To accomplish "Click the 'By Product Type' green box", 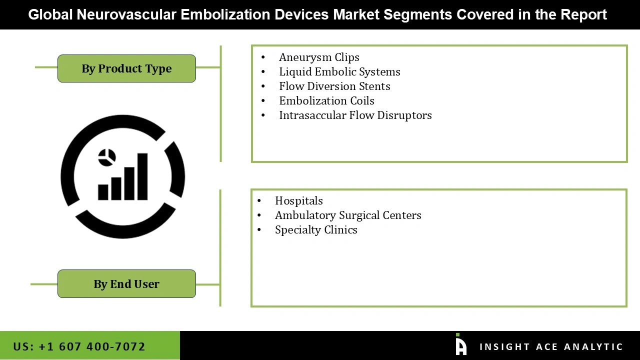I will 126,68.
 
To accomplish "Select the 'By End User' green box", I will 126,284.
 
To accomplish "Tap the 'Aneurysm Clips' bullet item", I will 319,57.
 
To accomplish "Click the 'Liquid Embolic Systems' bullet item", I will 339,72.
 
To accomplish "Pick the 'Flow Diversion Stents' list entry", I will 334,86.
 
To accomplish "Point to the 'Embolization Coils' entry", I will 326,101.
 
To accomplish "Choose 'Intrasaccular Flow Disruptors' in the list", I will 355,115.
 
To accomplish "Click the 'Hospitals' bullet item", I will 298,201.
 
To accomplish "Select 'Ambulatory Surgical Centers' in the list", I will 348,215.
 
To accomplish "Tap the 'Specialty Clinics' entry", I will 316,230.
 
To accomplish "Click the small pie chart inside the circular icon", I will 107,157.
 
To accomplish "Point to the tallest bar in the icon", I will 142,176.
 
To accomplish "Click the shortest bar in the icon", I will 103,192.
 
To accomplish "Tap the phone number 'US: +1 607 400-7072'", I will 79,346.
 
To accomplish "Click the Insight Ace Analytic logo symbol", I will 460,345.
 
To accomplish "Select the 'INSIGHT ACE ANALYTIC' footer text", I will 551,347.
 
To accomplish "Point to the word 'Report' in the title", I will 583,14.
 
